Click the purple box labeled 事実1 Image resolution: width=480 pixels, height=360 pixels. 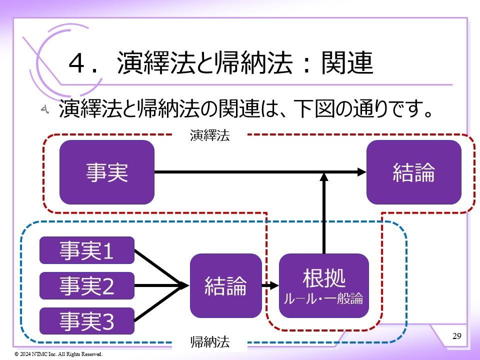(87, 250)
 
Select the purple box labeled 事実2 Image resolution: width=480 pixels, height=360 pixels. (87, 285)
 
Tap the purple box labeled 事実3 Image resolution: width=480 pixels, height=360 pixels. (87, 321)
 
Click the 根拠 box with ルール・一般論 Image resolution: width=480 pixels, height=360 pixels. (323, 285)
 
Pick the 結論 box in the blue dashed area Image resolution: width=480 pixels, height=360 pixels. (225, 285)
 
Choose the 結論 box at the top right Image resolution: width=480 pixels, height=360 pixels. (413, 172)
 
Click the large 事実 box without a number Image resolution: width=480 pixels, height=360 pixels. (106, 172)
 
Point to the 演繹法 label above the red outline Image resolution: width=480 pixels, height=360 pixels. (209, 135)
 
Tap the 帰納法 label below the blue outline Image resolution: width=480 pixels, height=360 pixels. (210, 342)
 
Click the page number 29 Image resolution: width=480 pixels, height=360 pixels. (456, 335)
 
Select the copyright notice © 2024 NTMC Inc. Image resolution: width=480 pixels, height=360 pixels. (58, 354)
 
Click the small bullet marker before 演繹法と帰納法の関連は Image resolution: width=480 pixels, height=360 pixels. (44, 109)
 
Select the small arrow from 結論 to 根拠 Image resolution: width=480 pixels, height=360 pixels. (270, 286)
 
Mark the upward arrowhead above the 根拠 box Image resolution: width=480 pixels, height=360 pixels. (324, 177)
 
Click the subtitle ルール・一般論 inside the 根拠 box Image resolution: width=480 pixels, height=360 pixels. (323, 300)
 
